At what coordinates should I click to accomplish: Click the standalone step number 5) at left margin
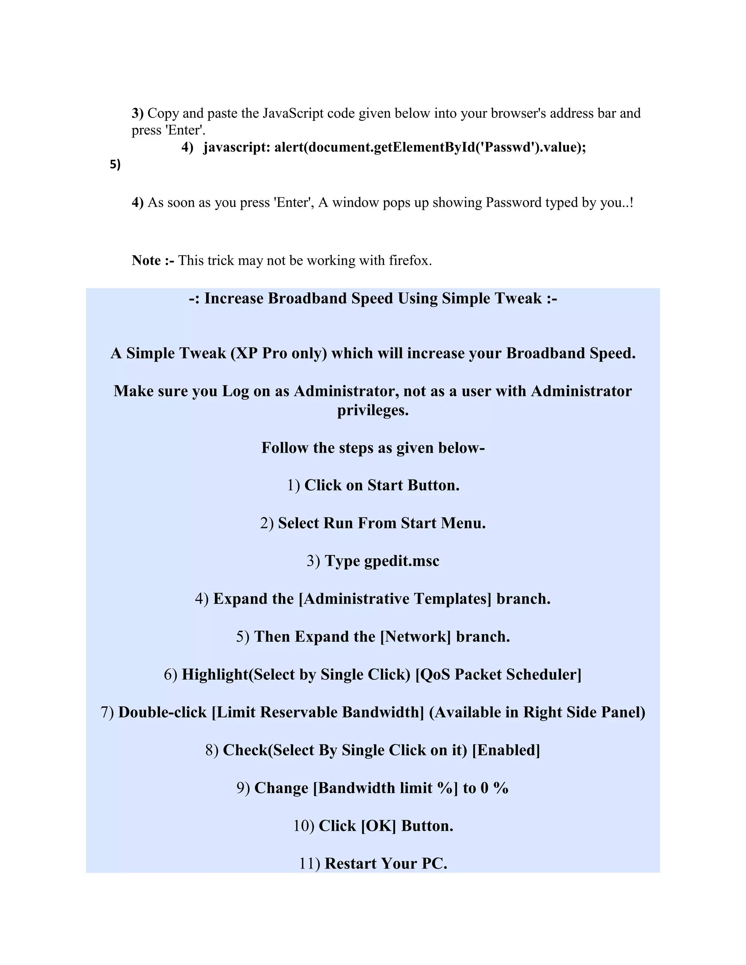click(115, 164)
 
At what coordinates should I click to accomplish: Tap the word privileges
click(373, 410)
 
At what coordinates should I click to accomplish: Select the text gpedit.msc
click(402, 561)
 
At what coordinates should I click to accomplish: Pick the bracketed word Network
click(415, 637)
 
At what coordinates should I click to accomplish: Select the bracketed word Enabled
click(506, 750)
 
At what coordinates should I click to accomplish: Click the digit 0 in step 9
click(484, 788)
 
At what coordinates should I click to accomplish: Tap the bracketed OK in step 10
click(378, 826)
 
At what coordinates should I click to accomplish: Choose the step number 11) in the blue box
click(309, 864)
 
